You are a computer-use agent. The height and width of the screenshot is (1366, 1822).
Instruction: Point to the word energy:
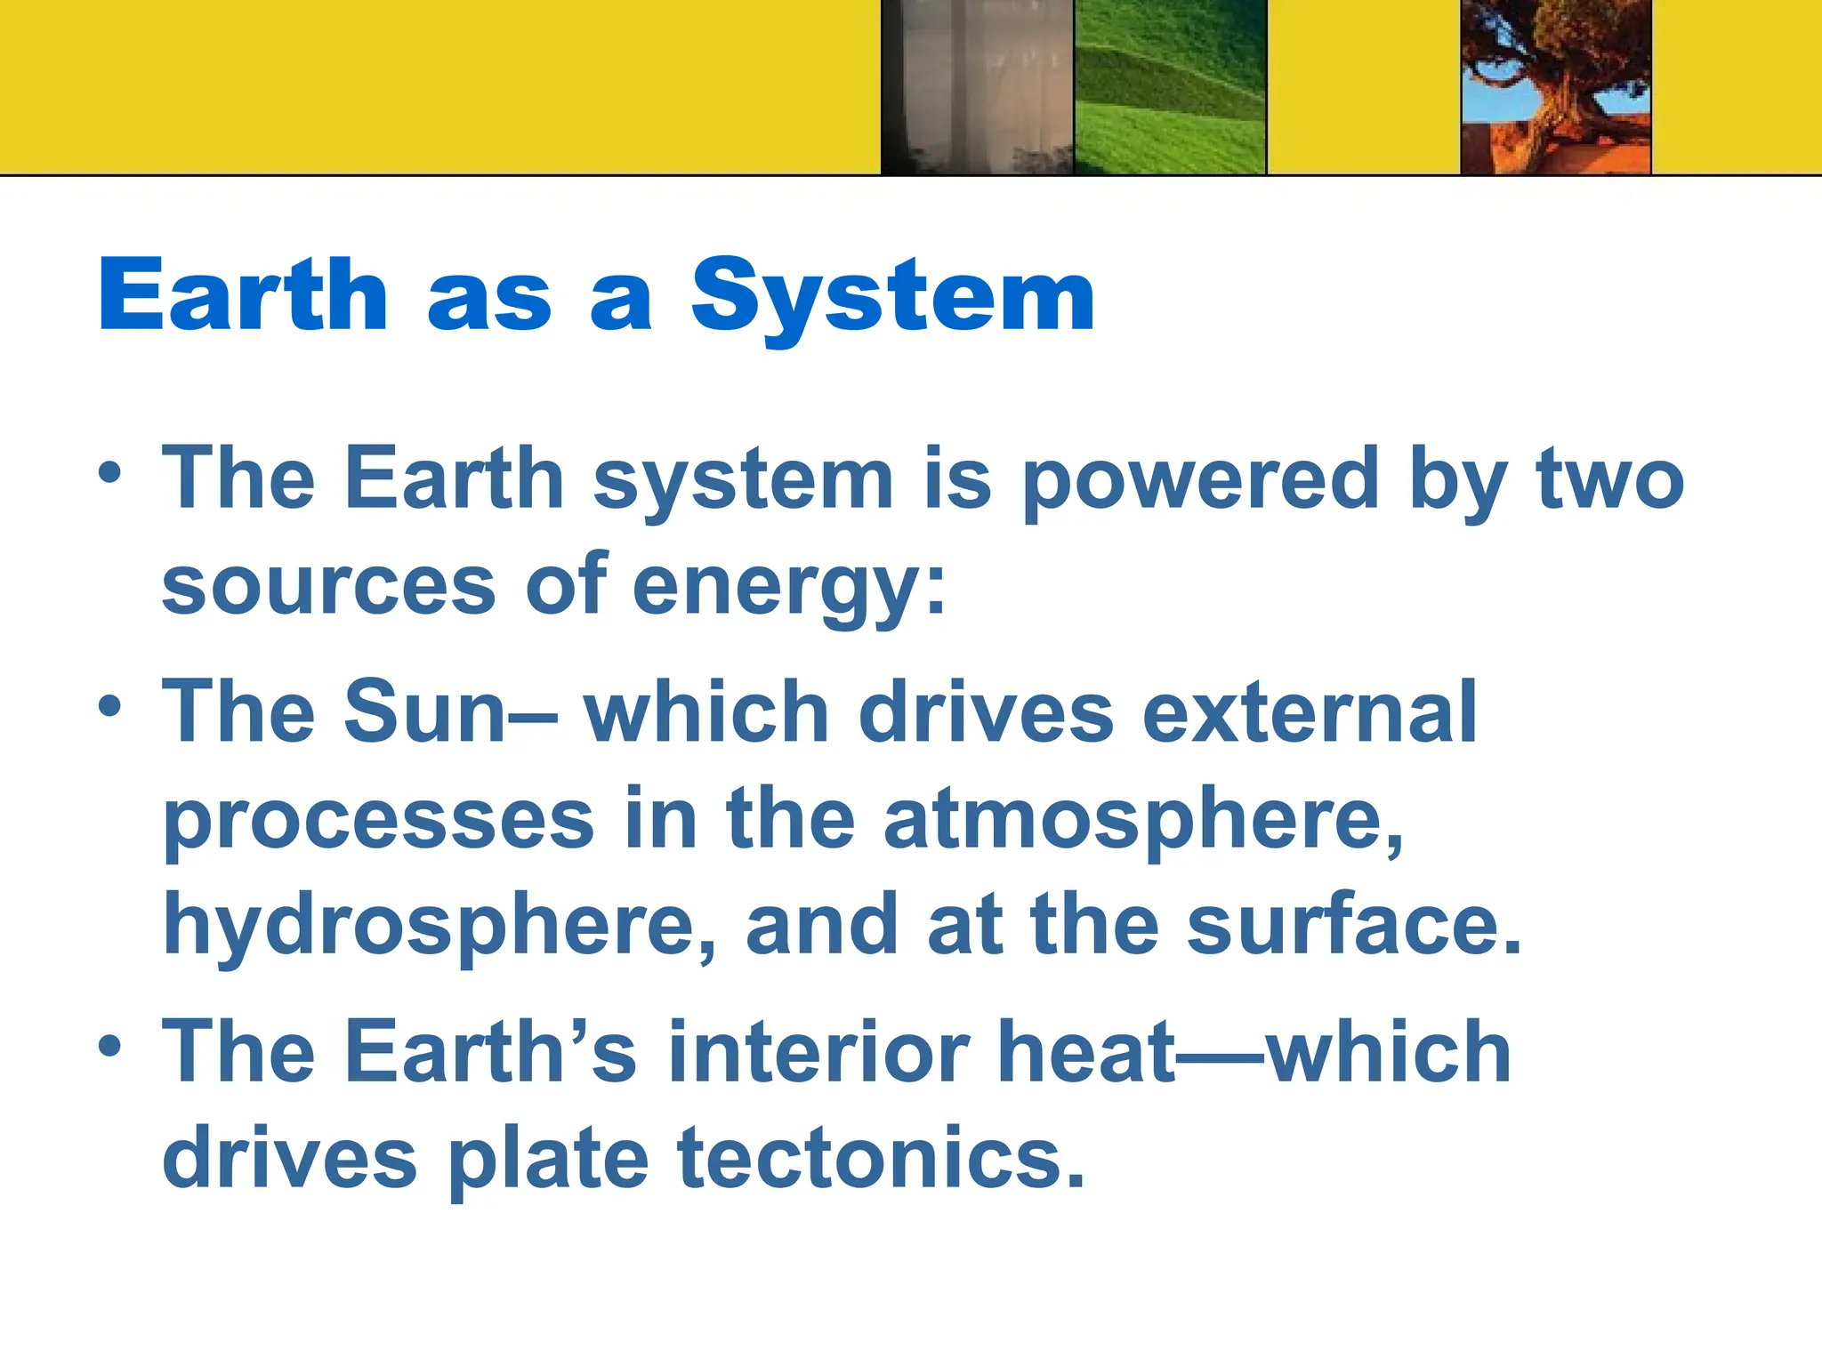(788, 589)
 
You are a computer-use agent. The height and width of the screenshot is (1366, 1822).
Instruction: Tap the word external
(1310, 712)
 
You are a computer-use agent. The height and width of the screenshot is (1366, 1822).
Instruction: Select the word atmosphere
(1142, 820)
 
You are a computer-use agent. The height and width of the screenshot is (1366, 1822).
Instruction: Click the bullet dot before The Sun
(109, 708)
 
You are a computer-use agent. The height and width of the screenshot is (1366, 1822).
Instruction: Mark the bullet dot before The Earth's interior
(109, 1047)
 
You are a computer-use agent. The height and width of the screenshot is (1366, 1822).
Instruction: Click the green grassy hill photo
(1170, 86)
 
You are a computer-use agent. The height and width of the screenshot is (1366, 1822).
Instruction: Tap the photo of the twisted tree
(1556, 86)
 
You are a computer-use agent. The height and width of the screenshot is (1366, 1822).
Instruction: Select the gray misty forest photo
(978, 86)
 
